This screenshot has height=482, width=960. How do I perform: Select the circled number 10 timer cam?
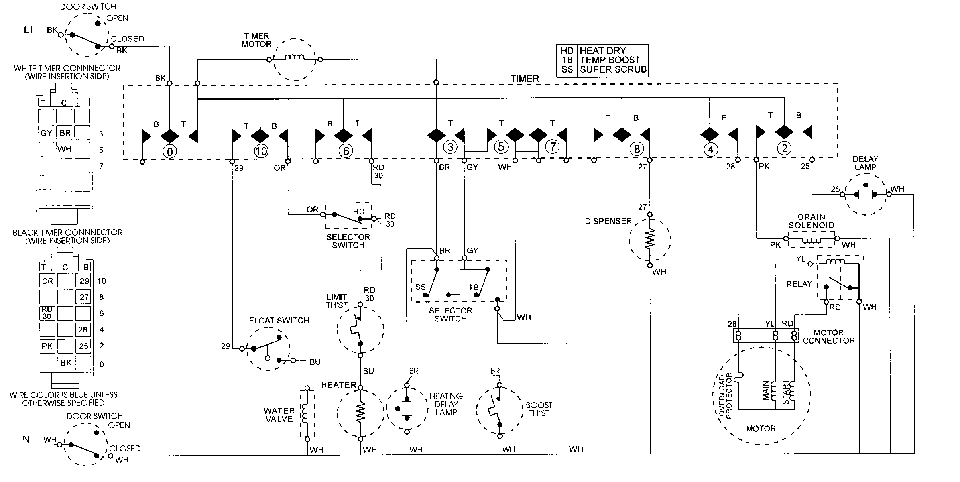click(261, 151)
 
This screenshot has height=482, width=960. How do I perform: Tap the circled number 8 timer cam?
click(637, 149)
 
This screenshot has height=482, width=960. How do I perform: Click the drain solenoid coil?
click(811, 240)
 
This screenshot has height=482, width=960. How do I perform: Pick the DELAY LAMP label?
click(865, 163)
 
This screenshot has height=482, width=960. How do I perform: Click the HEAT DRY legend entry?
click(602, 51)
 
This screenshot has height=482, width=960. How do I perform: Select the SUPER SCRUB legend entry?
click(613, 69)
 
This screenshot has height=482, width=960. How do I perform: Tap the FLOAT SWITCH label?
click(279, 320)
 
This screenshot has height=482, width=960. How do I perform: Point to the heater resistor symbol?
click(360, 413)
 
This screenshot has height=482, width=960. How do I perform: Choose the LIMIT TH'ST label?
click(337, 301)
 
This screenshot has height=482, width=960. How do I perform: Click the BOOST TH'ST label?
click(539, 409)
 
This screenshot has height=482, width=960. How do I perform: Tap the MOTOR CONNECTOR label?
click(828, 336)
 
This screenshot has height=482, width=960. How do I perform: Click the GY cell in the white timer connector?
click(46, 133)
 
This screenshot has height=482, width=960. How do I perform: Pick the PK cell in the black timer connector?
click(47, 346)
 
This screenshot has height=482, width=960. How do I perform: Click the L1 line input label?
click(29, 30)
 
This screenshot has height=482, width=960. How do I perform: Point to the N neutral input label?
click(26, 439)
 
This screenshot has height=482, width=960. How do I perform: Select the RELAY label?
click(799, 284)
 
